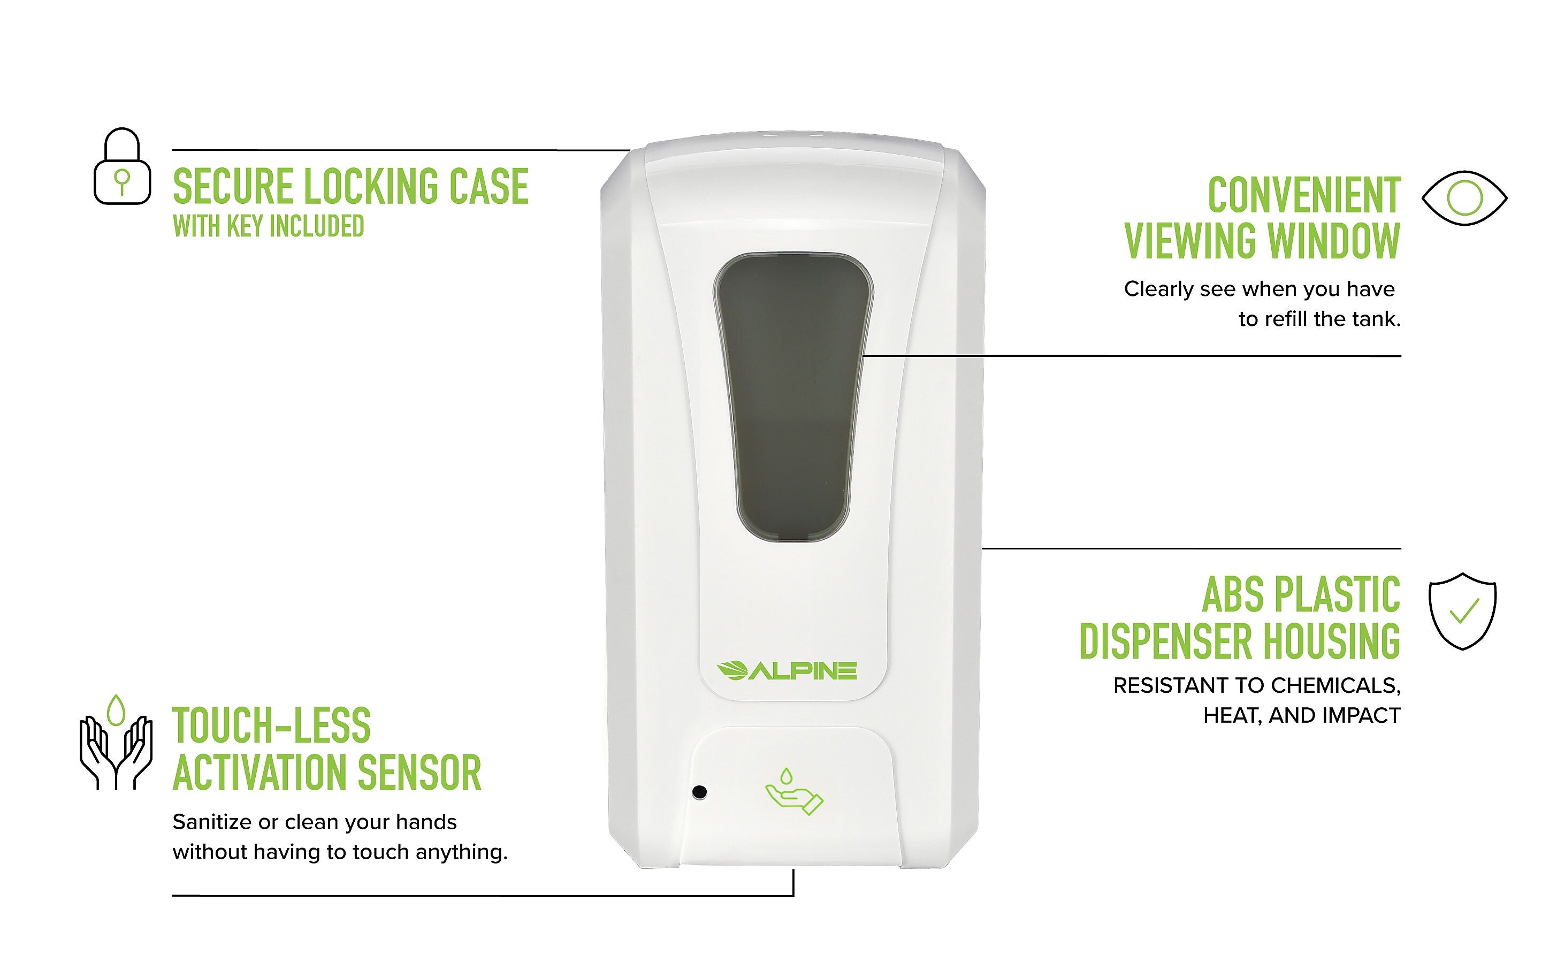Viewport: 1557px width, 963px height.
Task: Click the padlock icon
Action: click(x=123, y=167)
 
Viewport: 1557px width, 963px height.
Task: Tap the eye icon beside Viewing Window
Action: click(x=1464, y=198)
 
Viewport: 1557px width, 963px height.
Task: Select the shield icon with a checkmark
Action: click(x=1462, y=611)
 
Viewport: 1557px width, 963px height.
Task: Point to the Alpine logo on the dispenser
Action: click(x=787, y=671)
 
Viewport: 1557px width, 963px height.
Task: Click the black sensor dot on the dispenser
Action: click(x=699, y=792)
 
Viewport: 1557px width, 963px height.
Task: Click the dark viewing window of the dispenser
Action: click(x=793, y=395)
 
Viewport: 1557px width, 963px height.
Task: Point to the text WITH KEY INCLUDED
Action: click(x=268, y=226)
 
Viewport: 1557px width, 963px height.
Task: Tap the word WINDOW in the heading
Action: click(x=1333, y=241)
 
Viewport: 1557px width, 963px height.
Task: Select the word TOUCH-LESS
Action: click(x=271, y=725)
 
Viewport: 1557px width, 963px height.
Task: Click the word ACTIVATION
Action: click(x=260, y=772)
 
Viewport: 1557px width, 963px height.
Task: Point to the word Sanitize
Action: click(x=212, y=822)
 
